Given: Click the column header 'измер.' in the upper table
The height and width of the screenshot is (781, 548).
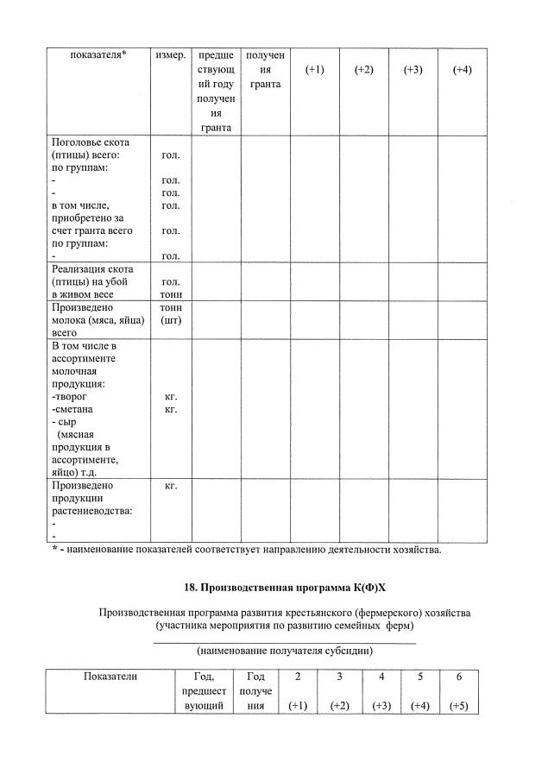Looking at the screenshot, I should click(171, 56).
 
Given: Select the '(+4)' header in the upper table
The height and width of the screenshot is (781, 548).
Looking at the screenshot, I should click(462, 70).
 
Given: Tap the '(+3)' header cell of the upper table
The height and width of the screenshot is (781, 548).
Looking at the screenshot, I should click(413, 70).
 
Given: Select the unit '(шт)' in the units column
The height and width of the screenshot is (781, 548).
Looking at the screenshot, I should click(171, 320).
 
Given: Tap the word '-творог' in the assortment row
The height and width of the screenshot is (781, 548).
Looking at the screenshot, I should click(70, 396).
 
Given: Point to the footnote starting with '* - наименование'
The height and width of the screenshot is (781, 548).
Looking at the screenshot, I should click(246, 550).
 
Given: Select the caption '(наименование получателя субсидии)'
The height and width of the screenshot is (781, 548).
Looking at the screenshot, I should click(285, 650).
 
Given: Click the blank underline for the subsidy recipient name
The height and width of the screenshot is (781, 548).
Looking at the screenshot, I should click(285, 639).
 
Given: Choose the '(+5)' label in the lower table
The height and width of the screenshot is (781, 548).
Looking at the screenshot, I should click(459, 705).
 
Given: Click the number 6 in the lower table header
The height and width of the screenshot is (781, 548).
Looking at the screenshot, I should click(459, 677).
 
